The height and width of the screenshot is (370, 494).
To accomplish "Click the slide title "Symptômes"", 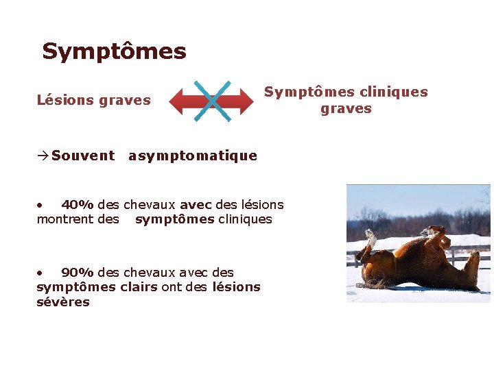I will pyautogui.click(x=114, y=51).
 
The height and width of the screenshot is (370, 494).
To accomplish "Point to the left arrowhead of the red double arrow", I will pyautogui.click(x=178, y=101).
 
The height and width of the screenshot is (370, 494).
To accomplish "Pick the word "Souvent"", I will pyautogui.click(x=83, y=156).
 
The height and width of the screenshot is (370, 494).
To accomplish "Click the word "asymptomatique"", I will pyautogui.click(x=193, y=156).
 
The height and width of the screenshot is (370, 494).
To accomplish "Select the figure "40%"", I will pyautogui.click(x=78, y=204).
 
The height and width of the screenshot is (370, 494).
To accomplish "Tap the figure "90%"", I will pyautogui.click(x=78, y=273).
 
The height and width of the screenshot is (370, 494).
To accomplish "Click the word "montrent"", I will pyautogui.click(x=63, y=219).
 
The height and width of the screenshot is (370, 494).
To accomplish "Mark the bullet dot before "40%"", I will pyautogui.click(x=40, y=204).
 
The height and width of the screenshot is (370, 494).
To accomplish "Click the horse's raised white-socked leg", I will pyautogui.click(x=370, y=242).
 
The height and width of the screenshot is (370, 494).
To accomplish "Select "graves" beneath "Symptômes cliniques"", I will pyautogui.click(x=346, y=108).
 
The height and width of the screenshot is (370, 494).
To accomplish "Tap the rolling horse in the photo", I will pyautogui.click(x=419, y=264).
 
